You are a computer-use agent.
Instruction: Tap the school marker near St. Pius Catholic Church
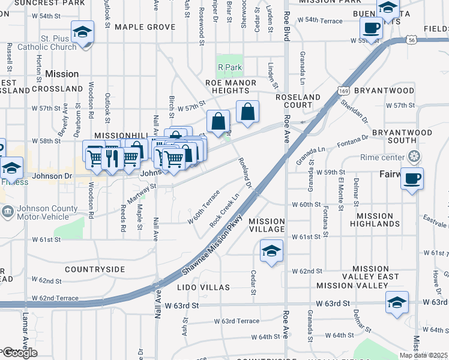[82, 32]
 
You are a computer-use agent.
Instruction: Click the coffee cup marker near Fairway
[412, 179]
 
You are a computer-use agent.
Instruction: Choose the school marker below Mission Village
[271, 251]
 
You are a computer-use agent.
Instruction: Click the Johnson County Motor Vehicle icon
[8, 211]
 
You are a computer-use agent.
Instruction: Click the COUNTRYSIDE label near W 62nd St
[95, 269]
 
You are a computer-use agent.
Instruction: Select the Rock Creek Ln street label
[224, 209]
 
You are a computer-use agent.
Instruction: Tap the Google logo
[19, 353]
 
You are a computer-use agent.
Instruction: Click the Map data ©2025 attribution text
[423, 355]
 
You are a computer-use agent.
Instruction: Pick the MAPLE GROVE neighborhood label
[145, 27]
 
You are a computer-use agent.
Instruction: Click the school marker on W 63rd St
[397, 302]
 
